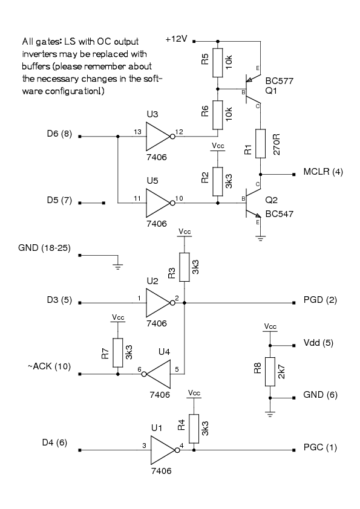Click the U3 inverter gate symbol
pos(159,137)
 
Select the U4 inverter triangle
pos(158,374)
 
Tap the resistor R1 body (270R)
pos(260,143)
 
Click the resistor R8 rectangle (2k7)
pos(270,372)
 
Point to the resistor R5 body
pos(218,63)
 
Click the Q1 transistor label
pos(271,91)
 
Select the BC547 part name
pos(280,214)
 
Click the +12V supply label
pos(177,39)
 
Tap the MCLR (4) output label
pos(323,172)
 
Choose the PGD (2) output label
pos(320,300)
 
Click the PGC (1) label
pos(320,448)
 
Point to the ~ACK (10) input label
pos(49,366)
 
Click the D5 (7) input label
pos(59,200)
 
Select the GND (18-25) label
pos(44,248)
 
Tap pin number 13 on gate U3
pos(137,132)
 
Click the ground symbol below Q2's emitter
pos(261,239)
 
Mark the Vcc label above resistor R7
pos(118,317)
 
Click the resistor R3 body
pos(185,267)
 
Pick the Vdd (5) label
pos(318,343)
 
